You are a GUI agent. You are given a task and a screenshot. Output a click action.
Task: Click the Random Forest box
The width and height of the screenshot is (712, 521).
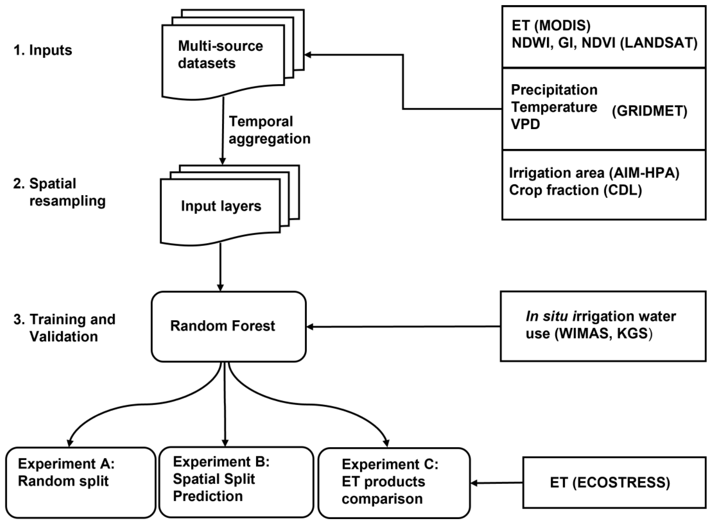pos(228,326)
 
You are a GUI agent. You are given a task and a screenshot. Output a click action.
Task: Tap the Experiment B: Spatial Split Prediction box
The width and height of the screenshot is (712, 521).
pos(236,481)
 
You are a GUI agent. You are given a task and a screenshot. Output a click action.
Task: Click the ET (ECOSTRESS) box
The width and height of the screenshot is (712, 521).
pos(614,483)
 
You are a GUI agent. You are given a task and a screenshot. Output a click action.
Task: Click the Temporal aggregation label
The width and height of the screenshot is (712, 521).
pos(269,130)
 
